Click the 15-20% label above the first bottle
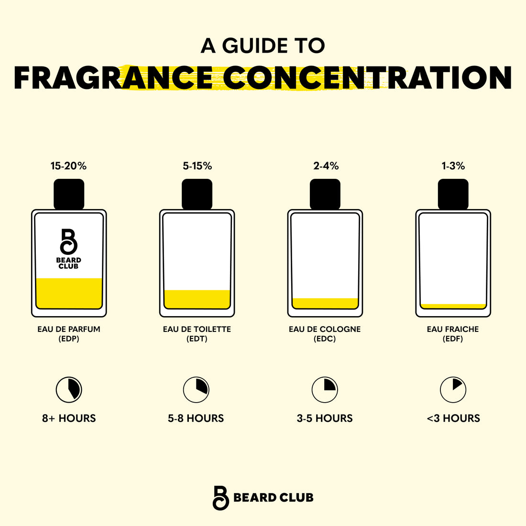68,166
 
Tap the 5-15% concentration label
197,166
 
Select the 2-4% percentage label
326,166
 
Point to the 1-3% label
453,166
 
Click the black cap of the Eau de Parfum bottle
69,194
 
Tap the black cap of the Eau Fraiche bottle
453,194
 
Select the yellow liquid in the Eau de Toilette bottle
197,299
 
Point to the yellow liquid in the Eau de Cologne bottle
325,303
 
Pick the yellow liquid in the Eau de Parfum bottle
69,293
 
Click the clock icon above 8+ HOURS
69,389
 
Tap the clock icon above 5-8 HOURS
196,389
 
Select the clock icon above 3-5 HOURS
325,389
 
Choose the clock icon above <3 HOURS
453,389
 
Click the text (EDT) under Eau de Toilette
197,339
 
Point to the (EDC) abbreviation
325,339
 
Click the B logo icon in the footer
221,498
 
